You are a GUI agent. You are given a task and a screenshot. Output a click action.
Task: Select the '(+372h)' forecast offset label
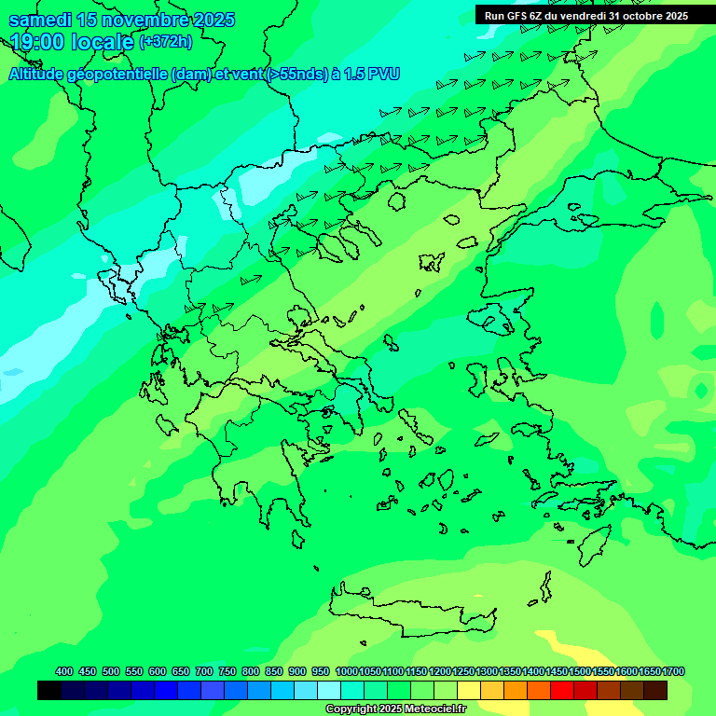(166, 42)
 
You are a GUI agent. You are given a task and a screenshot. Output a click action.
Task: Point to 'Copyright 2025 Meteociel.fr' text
(395, 709)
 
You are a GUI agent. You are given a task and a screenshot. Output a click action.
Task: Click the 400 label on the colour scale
(64, 671)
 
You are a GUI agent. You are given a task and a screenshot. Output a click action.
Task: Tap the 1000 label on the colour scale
(346, 671)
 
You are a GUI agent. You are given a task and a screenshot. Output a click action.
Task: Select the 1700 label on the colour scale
(673, 671)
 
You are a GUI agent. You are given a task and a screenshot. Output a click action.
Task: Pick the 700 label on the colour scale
(204, 671)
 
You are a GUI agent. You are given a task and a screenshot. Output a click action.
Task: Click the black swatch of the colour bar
(49, 690)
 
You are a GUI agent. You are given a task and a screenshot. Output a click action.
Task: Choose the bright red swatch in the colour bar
(562, 690)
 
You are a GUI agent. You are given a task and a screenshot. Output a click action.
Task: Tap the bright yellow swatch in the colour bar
(469, 690)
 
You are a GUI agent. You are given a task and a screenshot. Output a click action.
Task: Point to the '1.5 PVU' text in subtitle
(373, 74)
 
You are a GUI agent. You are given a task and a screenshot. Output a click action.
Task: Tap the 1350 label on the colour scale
(509, 671)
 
